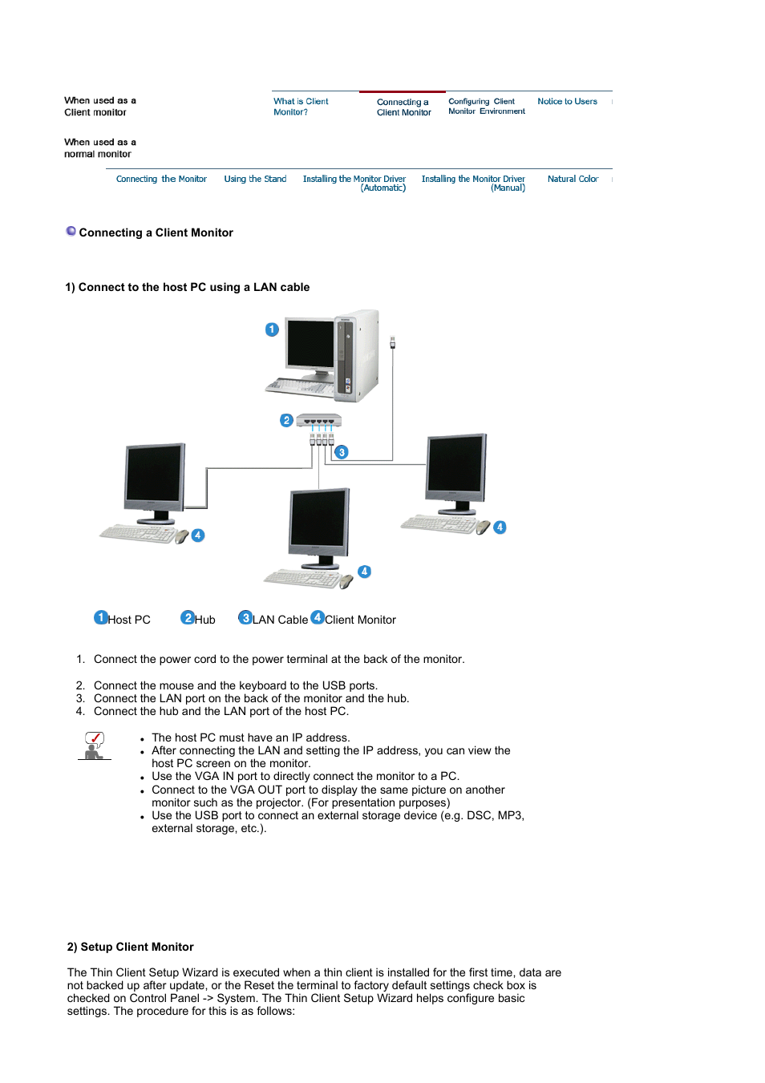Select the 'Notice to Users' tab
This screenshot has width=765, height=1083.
[x=567, y=102]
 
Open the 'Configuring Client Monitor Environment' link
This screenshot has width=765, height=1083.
[x=486, y=107]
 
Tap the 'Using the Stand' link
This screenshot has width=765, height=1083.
[x=255, y=180]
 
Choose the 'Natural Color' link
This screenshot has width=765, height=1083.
[x=573, y=180]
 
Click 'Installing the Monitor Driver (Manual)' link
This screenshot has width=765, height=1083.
[x=473, y=184]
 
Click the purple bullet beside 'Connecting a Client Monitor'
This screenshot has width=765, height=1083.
[x=71, y=232]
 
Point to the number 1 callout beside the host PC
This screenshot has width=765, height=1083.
[x=272, y=329]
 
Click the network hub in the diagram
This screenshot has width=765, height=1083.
[x=319, y=420]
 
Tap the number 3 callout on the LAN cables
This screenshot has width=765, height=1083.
[x=342, y=452]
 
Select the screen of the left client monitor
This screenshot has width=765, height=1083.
[x=153, y=473]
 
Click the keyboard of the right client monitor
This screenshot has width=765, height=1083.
[x=439, y=524]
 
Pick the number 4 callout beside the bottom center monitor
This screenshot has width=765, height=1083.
[x=365, y=572]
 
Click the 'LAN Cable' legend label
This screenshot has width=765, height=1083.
[x=280, y=620]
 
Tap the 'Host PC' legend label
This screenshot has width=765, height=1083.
[x=129, y=620]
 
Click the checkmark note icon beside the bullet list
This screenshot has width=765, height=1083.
[x=95, y=746]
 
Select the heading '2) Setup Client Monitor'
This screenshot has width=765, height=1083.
[x=131, y=947]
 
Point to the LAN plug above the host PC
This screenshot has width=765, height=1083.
[x=392, y=342]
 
